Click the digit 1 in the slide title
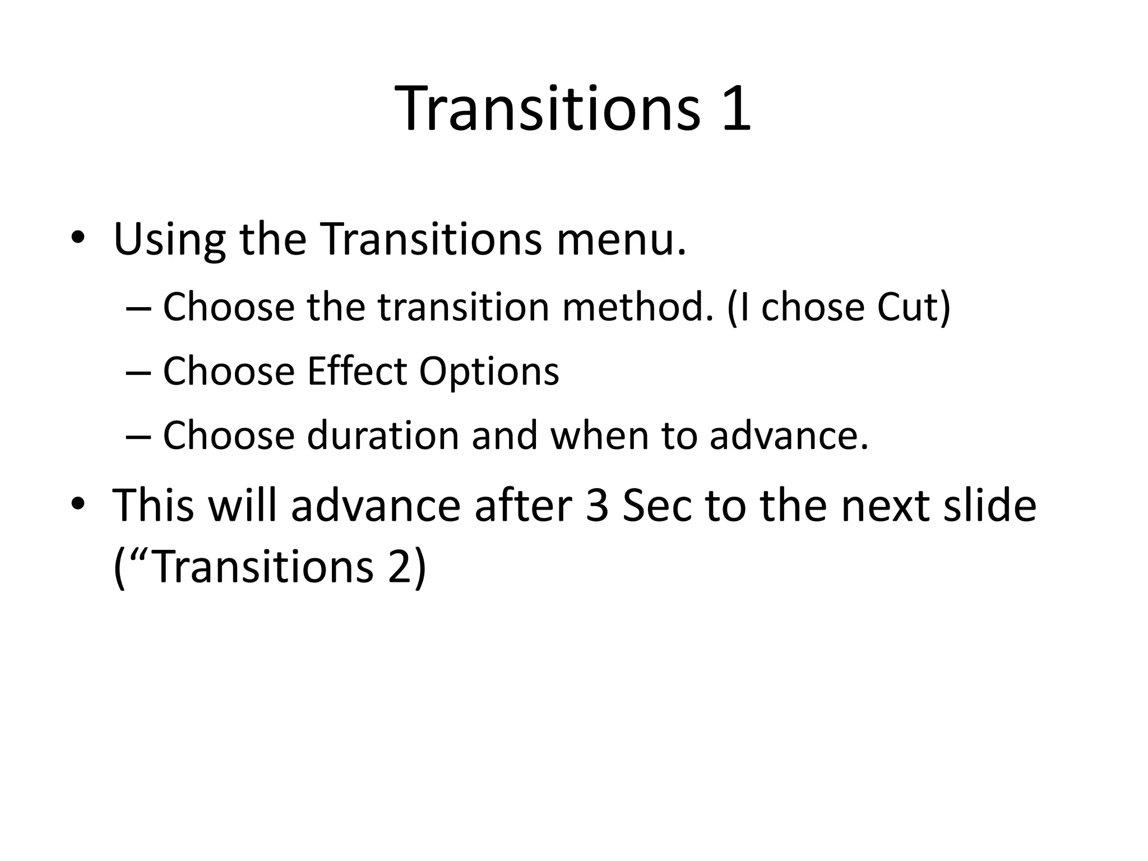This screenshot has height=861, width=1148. click(x=735, y=109)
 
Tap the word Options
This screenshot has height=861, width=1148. click(x=489, y=372)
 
